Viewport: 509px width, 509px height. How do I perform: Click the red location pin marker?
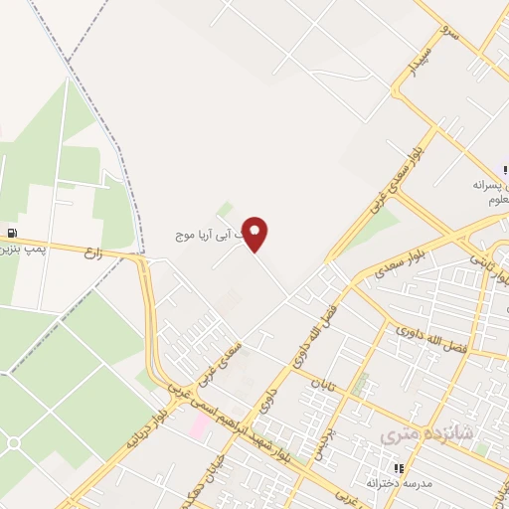pos(255,234)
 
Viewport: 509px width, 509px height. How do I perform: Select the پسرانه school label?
pos(490,185)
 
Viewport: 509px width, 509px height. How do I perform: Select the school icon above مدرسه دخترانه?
pos(398,467)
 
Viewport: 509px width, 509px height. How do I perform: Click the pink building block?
pos(199,425)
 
